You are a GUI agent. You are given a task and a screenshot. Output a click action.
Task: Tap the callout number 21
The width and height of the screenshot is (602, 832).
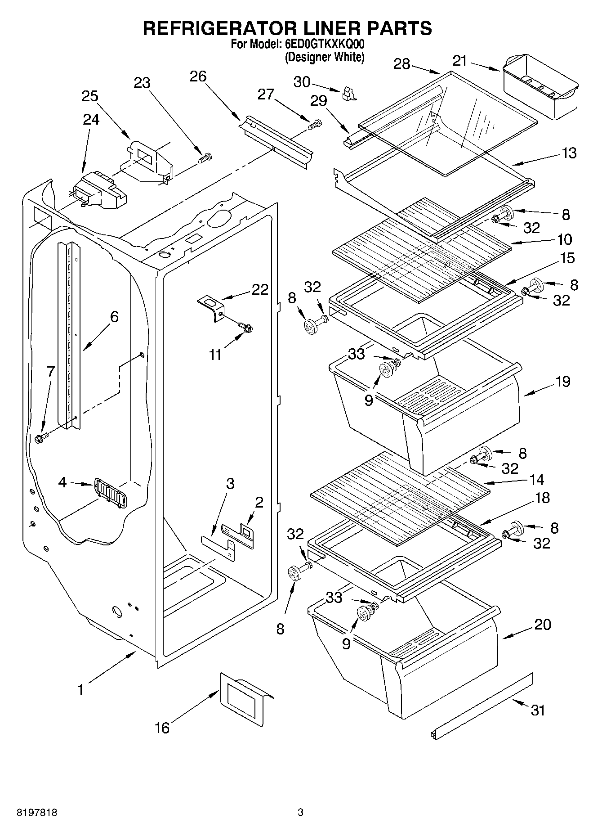[x=460, y=61]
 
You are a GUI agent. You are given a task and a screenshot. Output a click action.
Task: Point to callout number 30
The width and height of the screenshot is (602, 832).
[x=302, y=82]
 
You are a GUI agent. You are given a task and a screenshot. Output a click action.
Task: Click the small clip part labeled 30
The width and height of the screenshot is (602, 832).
[x=348, y=93]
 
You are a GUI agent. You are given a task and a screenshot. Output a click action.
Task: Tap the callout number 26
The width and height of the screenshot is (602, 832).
[x=198, y=76]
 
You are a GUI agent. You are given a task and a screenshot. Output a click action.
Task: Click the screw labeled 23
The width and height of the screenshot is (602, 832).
[x=206, y=158]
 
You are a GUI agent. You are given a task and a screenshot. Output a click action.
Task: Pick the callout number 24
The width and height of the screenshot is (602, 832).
[x=91, y=119]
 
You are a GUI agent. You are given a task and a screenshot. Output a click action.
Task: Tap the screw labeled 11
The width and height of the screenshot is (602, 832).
[x=246, y=328]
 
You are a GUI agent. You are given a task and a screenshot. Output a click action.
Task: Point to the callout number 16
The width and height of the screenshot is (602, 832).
[x=162, y=728]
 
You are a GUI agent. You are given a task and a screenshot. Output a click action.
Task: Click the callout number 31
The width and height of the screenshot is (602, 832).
[x=538, y=710]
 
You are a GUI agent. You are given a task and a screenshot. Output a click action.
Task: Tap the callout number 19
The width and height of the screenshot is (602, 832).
[x=562, y=382]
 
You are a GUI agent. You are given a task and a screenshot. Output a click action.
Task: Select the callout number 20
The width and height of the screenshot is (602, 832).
[x=542, y=625]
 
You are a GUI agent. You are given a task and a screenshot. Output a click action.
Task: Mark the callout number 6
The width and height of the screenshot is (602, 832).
[x=114, y=316]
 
